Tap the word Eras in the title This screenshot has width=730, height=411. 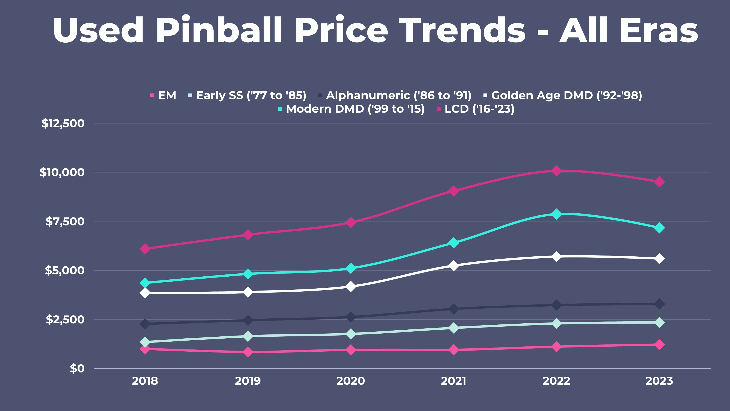659,30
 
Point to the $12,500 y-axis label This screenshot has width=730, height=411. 63,123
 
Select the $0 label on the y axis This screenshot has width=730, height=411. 77,368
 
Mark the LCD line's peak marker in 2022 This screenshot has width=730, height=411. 556,171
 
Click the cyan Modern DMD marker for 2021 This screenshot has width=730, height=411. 453,243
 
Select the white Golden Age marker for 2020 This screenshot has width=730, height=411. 350,286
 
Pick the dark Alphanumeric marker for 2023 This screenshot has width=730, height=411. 659,304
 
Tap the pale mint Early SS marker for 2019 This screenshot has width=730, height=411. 248,336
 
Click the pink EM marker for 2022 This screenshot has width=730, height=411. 556,347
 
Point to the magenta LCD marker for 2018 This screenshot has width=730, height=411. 145,249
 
